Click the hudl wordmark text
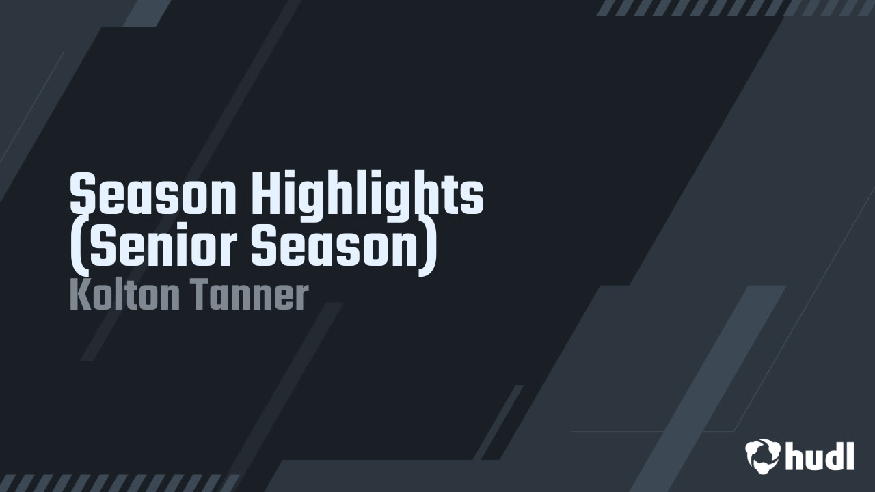click(x=820, y=456)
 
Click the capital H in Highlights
click(x=267, y=194)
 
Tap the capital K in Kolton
click(x=79, y=295)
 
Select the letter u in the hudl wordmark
click(x=811, y=459)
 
